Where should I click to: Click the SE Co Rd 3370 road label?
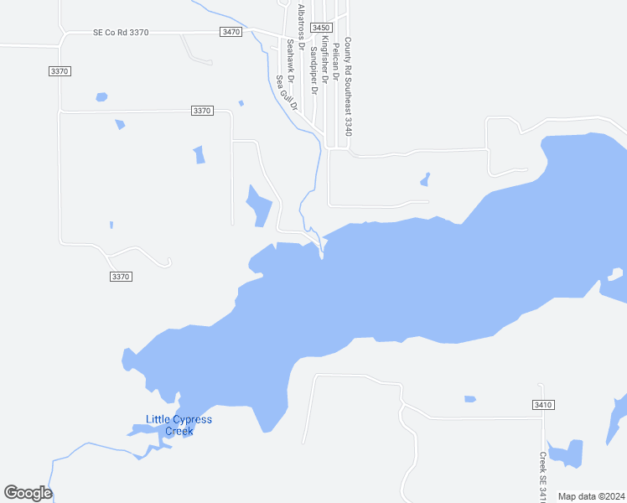coord(121,33)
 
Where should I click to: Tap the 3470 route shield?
coord(231,32)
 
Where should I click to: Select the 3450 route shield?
coord(320,28)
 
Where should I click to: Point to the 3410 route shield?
coord(543,405)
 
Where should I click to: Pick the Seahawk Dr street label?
coord(290,60)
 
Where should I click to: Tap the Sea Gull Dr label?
coord(287,93)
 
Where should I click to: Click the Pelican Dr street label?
coord(335,60)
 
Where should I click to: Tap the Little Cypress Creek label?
coord(179,425)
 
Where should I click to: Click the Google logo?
coord(28,493)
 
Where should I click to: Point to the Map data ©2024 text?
coord(591,496)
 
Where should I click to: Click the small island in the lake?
coord(616,273)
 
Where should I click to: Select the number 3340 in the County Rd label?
coord(348,125)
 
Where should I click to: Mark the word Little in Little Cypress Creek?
coord(158,419)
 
